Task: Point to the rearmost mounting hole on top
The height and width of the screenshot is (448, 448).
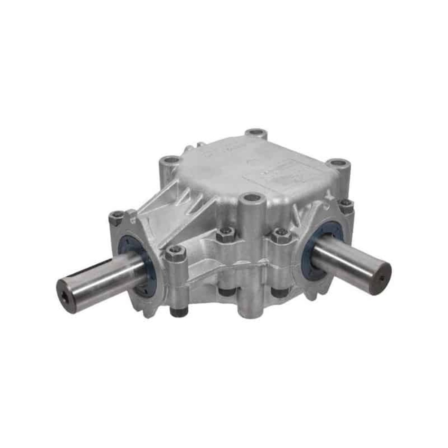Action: click(x=256, y=133)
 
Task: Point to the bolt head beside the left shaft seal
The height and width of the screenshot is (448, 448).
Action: click(x=176, y=254)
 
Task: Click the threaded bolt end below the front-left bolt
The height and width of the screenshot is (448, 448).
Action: click(x=178, y=309)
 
